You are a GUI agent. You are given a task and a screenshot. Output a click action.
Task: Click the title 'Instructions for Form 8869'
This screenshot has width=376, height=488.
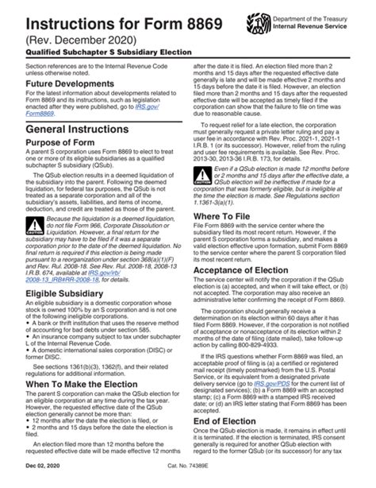pyautogui.click(x=101, y=16)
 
